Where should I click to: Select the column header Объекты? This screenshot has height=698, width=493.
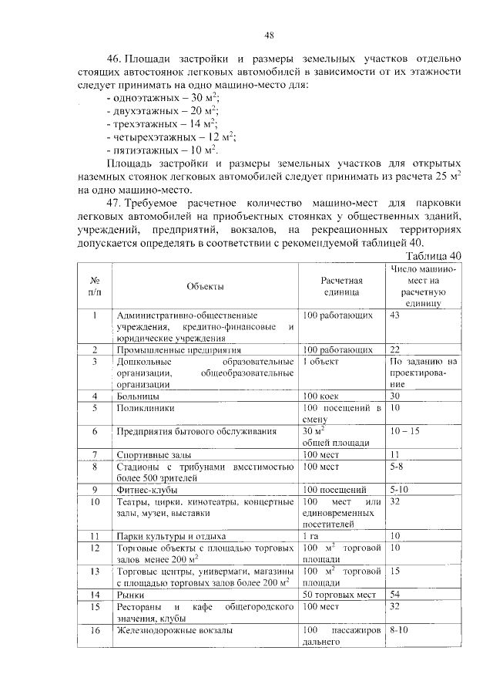pyautogui.click(x=205, y=287)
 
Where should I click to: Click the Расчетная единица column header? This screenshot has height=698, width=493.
pyautogui.click(x=342, y=287)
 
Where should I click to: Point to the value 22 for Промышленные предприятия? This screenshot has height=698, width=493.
pyautogui.click(x=396, y=349)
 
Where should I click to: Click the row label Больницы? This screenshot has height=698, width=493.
pyautogui.click(x=139, y=396)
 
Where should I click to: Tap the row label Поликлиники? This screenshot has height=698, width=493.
pyautogui.click(x=146, y=407)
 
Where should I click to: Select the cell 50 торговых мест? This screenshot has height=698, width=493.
pyautogui.click(x=340, y=595)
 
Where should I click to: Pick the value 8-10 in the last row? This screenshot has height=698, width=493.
pyautogui.click(x=401, y=630)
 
